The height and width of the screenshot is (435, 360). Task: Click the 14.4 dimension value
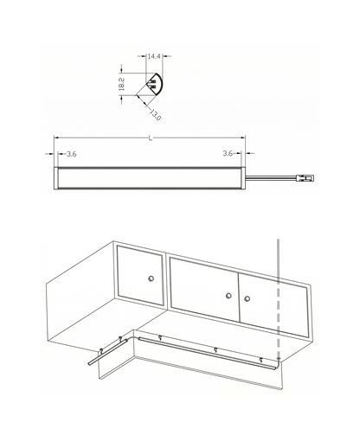[x=154, y=56]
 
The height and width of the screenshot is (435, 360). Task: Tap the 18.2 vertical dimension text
[x=121, y=84]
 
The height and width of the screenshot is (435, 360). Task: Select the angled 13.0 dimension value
[x=155, y=115]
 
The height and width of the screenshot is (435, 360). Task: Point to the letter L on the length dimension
[x=151, y=138]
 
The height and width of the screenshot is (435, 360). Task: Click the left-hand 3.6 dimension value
[x=72, y=154]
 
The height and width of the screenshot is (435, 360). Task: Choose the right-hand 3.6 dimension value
[x=228, y=153]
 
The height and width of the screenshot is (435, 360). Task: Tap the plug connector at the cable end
[x=305, y=178]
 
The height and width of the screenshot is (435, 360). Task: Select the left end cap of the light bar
[x=56, y=178]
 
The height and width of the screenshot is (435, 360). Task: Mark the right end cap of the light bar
[x=243, y=178]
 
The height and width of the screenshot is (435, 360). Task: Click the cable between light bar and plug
[x=271, y=179]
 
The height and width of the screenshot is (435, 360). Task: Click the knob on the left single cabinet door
[x=151, y=278]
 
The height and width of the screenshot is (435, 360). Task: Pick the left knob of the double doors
[x=228, y=296]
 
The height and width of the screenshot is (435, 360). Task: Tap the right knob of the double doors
[x=247, y=298]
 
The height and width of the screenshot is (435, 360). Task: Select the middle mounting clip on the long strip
[x=215, y=350]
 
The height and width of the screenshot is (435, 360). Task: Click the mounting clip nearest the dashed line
[x=260, y=360]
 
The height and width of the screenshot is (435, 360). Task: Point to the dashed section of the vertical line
[x=278, y=318]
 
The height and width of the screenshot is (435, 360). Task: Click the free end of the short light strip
[x=89, y=364]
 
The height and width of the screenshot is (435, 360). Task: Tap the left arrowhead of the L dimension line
[x=56, y=138]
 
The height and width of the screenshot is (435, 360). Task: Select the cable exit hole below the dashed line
[x=278, y=358]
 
